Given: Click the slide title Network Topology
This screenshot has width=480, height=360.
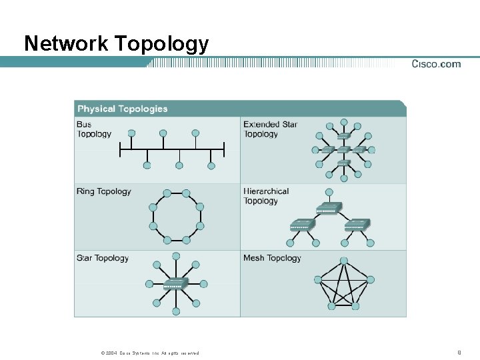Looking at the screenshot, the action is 116,44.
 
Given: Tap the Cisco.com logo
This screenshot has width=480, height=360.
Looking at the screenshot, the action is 436,64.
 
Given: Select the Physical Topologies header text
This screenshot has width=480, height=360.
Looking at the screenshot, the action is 123,109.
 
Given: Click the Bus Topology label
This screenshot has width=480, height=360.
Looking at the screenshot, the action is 93,129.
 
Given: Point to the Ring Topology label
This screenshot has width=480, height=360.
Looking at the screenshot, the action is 103,191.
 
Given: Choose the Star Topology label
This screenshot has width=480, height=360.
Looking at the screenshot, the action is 102,258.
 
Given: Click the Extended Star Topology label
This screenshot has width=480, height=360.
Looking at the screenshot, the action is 270,129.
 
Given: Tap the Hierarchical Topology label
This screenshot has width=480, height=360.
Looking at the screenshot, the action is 266,196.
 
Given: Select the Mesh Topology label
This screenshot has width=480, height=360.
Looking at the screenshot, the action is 272,258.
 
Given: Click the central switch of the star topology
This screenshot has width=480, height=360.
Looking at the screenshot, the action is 176,283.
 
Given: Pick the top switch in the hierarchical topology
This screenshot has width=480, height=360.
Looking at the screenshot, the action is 328,208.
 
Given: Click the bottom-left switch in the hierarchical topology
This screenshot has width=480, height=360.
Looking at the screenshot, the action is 301,225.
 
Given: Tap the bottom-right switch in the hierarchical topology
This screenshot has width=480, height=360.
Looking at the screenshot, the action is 356,225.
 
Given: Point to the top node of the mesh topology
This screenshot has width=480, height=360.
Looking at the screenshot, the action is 344,261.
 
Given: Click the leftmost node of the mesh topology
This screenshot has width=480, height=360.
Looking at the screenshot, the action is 318,280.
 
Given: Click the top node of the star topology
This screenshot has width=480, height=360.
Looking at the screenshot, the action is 176,256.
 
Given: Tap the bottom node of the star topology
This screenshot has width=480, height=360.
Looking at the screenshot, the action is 176,311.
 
